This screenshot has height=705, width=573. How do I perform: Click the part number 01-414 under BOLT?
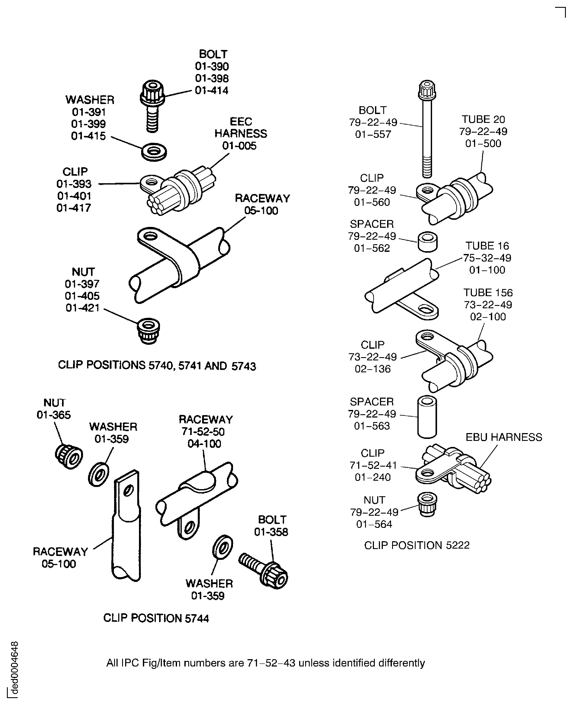[x=212, y=90]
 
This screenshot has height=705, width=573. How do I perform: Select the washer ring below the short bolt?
[x=154, y=152]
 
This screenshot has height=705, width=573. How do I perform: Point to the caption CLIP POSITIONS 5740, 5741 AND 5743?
[x=157, y=366]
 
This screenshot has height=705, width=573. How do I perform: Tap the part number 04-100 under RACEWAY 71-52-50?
[x=204, y=444]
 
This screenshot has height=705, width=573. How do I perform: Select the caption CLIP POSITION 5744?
[x=156, y=618]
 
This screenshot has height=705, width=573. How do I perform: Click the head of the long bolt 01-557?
[x=427, y=90]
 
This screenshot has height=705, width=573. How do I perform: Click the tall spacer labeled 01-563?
[x=427, y=417]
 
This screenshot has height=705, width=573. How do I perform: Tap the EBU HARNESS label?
[x=504, y=437]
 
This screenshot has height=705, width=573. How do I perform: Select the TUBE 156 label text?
[x=488, y=293]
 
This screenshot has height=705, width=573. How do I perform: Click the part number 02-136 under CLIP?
[x=373, y=369]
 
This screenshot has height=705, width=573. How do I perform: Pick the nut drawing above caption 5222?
[x=427, y=504]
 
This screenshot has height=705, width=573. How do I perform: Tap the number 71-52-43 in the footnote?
[x=271, y=663]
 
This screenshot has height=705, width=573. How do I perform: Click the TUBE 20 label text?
[x=483, y=119]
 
